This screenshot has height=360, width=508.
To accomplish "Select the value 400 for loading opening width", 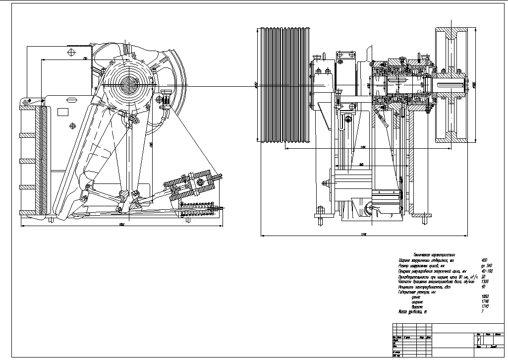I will click(484, 260).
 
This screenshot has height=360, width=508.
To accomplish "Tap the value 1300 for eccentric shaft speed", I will click(485, 282).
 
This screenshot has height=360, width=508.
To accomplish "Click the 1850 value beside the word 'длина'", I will click(485, 297).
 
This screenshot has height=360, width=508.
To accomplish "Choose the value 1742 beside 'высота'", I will click(485, 307).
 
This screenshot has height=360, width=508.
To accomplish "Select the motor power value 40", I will click(484, 287).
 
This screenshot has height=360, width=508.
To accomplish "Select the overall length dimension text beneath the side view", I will click(121, 225).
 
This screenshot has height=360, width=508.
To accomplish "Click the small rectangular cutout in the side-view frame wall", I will click(63, 112).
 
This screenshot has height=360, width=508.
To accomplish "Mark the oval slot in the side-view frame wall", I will click(73, 126).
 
